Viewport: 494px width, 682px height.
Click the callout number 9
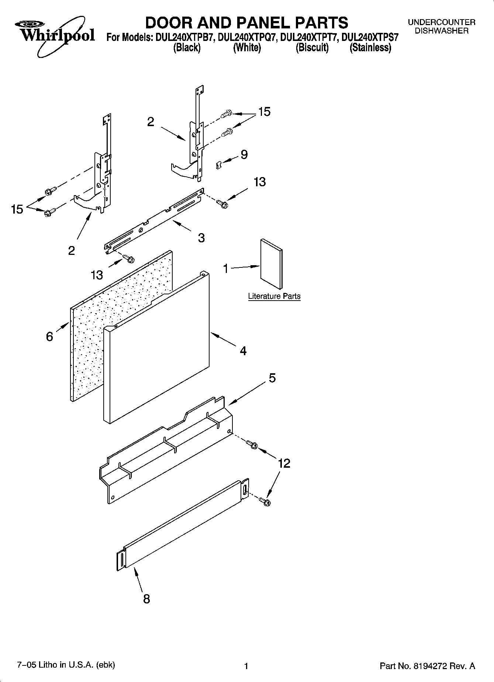point(244,155)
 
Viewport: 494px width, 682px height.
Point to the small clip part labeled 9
point(218,165)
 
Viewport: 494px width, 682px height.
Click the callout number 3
point(201,238)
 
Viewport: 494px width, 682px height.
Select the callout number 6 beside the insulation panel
point(50,336)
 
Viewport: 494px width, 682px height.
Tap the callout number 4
point(243,351)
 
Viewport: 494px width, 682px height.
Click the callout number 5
point(272,378)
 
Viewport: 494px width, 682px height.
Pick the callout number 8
point(146,599)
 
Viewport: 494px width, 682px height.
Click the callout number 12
point(284,463)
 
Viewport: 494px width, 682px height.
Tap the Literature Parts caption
point(274,296)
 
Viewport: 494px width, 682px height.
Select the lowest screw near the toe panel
point(265,501)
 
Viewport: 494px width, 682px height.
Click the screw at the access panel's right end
point(252,444)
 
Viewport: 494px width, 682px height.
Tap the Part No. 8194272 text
point(427,666)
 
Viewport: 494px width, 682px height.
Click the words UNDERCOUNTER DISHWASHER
point(441,27)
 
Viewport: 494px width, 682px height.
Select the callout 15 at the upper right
point(264,112)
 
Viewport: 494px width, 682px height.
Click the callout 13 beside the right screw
point(260,182)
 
